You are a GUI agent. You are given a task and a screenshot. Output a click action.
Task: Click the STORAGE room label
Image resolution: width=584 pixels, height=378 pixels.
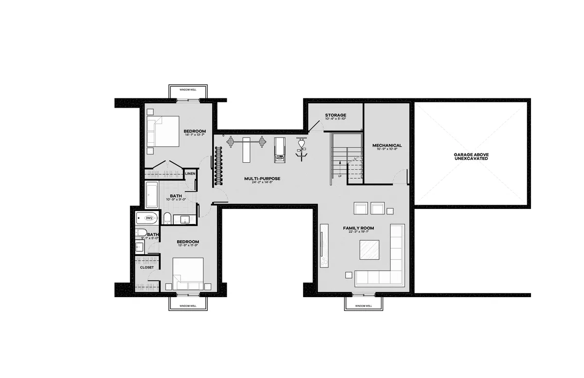pos(336,115)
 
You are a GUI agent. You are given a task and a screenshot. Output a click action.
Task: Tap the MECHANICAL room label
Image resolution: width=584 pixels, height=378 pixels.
pos(387,145)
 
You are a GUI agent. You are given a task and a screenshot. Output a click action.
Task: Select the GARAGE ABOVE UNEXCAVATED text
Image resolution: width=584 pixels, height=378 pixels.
pos(472,156)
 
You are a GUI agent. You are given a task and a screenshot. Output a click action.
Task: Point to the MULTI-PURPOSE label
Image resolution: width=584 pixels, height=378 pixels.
pos(262,179)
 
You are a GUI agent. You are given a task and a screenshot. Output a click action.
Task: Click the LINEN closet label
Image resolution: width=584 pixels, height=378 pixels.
pos(190,173)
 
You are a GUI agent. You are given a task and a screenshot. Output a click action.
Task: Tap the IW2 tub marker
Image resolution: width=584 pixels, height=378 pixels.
pos(150,218)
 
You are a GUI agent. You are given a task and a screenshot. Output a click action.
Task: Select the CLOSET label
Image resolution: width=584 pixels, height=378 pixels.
pos(146,267)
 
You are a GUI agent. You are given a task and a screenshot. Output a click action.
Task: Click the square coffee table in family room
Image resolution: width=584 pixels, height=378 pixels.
pos(370,251)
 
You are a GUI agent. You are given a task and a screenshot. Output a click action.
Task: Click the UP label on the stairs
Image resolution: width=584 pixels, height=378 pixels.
pos(339,175)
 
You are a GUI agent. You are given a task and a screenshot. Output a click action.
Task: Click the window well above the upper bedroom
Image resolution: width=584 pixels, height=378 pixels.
pos(187,91)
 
